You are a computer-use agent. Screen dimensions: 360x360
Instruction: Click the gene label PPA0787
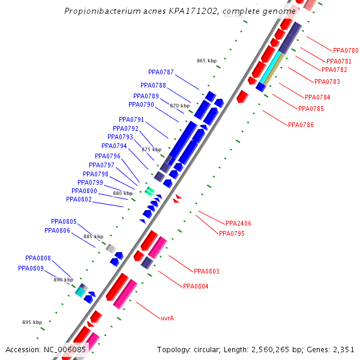(x=161, y=73)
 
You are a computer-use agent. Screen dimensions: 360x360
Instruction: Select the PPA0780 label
(x=345, y=50)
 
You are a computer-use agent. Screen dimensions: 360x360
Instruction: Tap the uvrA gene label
(x=167, y=318)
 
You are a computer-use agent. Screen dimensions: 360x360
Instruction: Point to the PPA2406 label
(x=238, y=223)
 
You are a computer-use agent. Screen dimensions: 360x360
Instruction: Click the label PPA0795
(x=232, y=233)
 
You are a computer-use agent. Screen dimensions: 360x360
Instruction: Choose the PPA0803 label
(x=206, y=271)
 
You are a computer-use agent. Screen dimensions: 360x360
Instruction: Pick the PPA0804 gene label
(x=196, y=286)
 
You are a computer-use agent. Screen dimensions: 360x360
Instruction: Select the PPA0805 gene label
(x=64, y=221)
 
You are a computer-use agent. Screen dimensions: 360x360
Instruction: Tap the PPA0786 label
(x=301, y=125)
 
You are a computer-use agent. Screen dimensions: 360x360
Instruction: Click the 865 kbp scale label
(x=206, y=61)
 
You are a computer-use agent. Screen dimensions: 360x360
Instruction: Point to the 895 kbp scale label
(x=32, y=322)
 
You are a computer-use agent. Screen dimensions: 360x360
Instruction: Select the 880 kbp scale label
(x=122, y=193)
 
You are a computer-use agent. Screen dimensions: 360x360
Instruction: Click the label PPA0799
(x=90, y=182)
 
